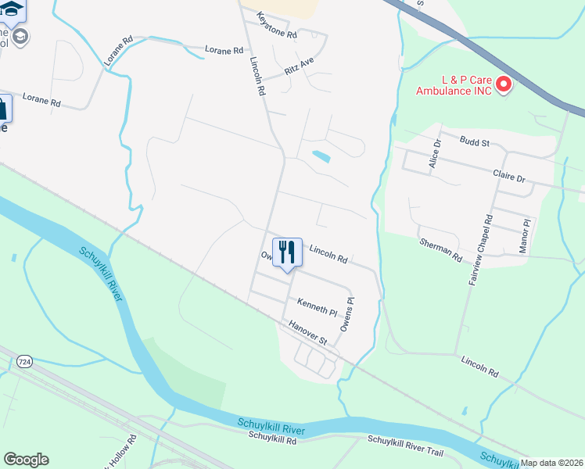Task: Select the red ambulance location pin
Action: pos(504,82)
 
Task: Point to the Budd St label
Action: pos(474,143)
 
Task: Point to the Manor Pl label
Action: pos(525,234)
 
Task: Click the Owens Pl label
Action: pos(346,315)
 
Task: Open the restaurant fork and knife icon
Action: pos(287,252)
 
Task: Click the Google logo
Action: pos(26,460)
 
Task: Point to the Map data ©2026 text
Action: pos(552,463)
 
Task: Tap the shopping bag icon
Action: pos(2,109)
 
